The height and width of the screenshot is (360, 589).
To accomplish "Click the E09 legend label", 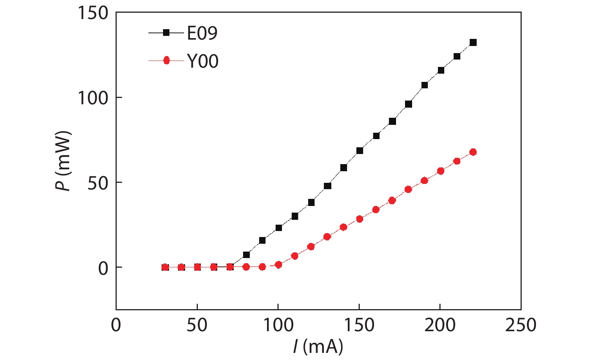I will click(x=202, y=33).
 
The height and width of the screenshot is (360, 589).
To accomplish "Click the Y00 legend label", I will click(x=203, y=61).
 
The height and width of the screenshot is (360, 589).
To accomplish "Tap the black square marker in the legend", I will click(x=166, y=33).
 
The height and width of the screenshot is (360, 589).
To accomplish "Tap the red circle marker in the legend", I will click(x=166, y=61).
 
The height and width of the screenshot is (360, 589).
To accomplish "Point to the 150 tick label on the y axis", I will click(x=93, y=13).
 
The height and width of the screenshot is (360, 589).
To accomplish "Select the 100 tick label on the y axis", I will click(x=93, y=98).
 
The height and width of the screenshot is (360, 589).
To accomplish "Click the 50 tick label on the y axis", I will click(x=98, y=183).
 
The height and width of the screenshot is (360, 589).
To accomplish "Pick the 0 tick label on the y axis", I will click(x=103, y=268).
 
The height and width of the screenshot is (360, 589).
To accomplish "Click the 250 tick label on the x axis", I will click(x=521, y=325).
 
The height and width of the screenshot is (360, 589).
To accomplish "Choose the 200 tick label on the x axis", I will click(x=440, y=325).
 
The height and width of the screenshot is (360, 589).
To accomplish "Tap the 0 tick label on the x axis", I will click(x=116, y=325).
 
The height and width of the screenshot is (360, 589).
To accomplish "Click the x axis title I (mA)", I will click(x=318, y=347).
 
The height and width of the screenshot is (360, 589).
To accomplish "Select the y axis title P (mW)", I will click(x=63, y=161).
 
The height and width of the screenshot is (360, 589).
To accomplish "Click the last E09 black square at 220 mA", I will click(x=473, y=43).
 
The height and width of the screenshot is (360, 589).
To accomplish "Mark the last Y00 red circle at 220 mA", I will click(x=473, y=152).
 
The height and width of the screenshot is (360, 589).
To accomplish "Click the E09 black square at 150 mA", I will click(x=360, y=151).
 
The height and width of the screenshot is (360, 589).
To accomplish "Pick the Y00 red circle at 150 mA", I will click(x=360, y=219).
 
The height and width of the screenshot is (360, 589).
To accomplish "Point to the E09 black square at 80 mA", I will click(x=246, y=255).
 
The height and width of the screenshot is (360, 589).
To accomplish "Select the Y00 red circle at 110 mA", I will click(x=295, y=256).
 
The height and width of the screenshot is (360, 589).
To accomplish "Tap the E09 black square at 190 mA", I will click(x=424, y=85).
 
